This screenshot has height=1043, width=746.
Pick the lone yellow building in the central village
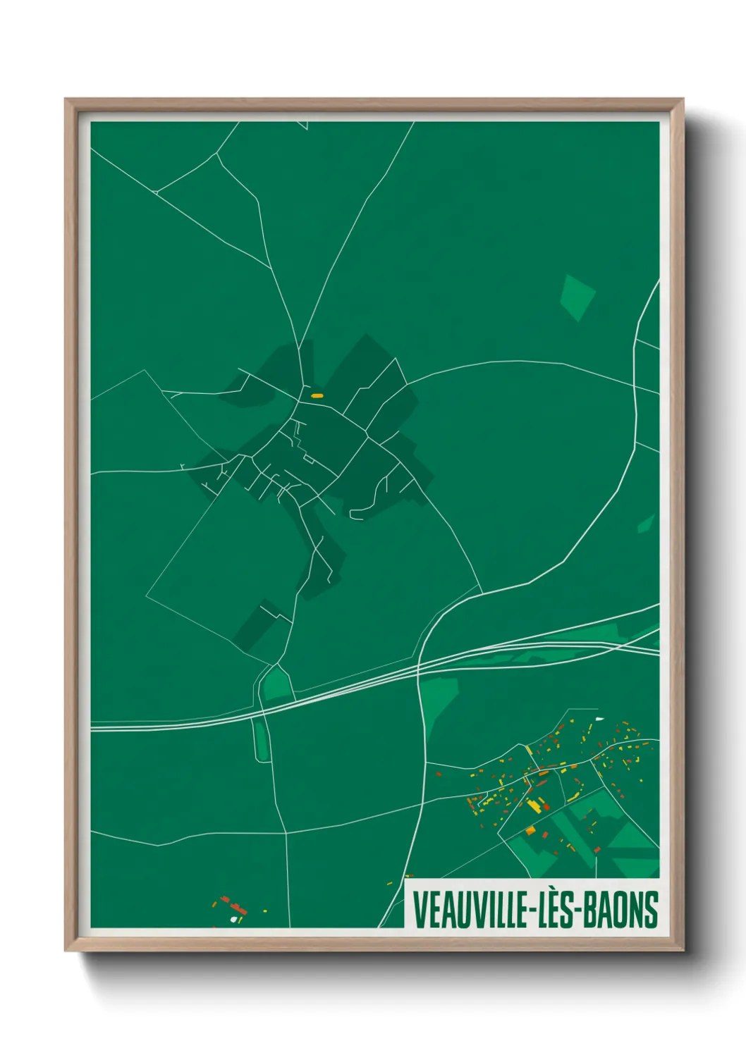point(317,396)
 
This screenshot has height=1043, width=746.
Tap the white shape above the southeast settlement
point(599,719)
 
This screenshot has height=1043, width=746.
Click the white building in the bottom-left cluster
point(233,919)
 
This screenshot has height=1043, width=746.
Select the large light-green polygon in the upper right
point(577,297)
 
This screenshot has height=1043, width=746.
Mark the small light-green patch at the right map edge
point(646,524)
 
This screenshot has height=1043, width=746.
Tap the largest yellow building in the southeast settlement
point(535,805)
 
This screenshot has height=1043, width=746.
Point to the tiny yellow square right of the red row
point(265,911)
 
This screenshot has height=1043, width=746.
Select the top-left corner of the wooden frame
point(66,99)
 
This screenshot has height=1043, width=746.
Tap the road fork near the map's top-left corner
point(156,191)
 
